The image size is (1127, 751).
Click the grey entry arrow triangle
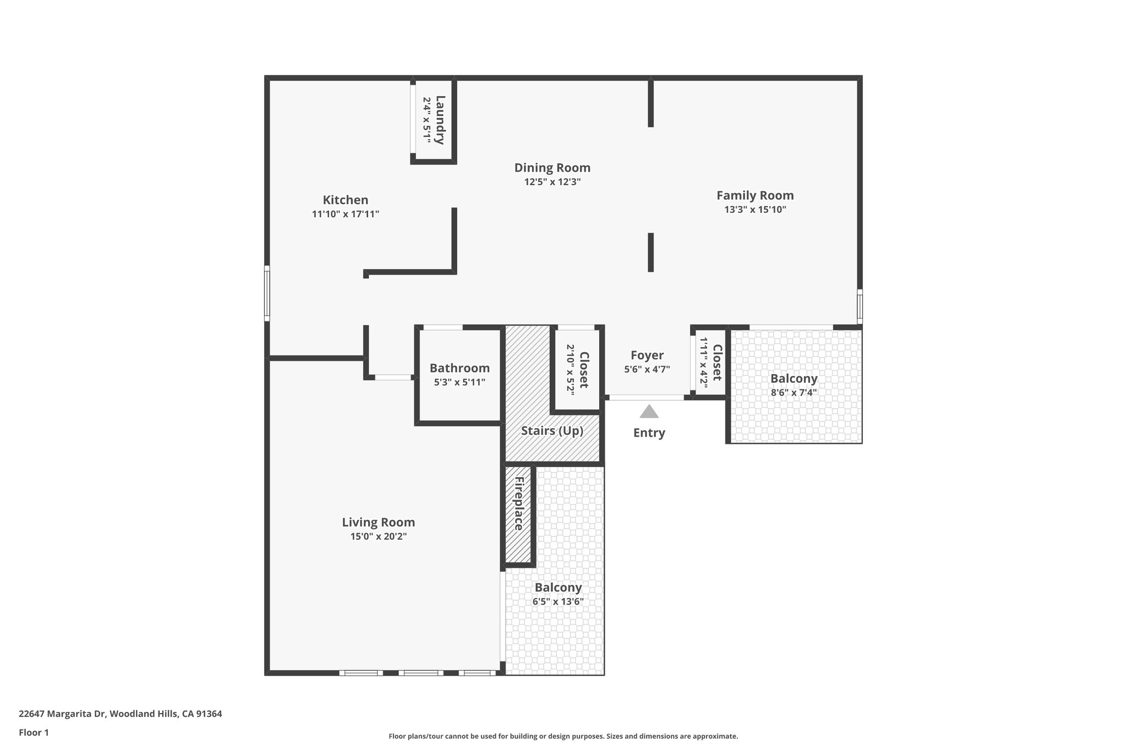coord(649,412)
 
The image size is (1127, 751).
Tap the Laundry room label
coord(440,120)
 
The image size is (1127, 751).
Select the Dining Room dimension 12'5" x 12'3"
coord(552,182)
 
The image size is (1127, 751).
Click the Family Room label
coord(754,195)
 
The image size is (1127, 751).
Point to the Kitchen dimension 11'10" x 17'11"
coord(345,214)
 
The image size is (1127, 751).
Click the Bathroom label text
coord(459,368)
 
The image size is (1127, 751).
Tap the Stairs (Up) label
coord(552,431)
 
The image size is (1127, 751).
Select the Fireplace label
coord(518,503)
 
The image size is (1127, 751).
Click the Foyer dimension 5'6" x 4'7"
coord(647,370)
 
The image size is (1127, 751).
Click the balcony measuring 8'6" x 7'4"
coord(794,385)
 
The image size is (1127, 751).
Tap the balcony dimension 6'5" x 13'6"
coord(557,602)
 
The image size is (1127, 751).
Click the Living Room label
coord(378,522)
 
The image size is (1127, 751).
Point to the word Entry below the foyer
coord(649,433)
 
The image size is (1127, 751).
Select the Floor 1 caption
coord(34,733)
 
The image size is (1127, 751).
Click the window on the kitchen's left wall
coord(267,293)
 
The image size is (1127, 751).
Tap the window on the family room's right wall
coord(860,306)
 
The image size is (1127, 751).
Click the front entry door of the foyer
coord(647,397)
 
